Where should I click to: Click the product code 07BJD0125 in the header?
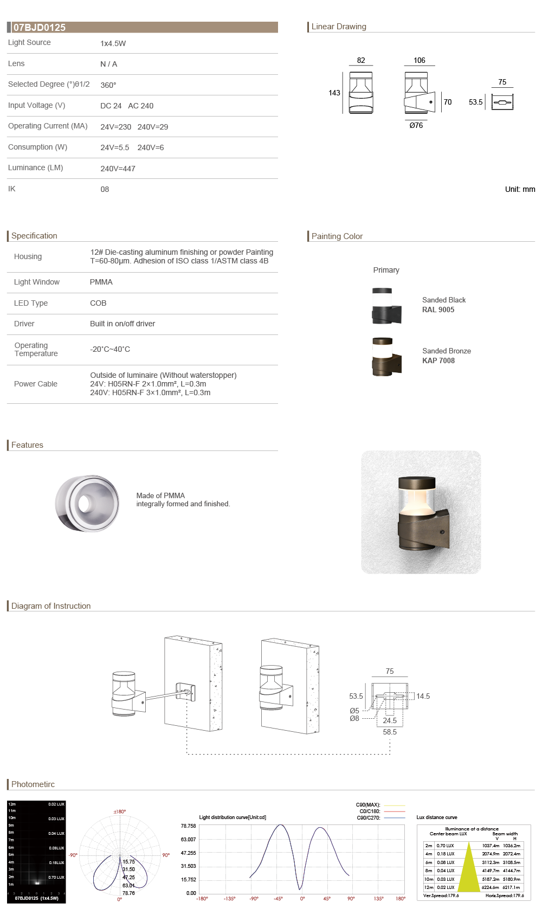pyautogui.click(x=40, y=28)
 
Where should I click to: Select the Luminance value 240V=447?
pyautogui.click(x=118, y=169)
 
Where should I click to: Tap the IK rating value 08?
pyautogui.click(x=105, y=189)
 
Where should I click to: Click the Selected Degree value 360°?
pyautogui.click(x=108, y=85)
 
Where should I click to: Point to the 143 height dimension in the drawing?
pyautogui.click(x=334, y=93)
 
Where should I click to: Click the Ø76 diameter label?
pyautogui.click(x=416, y=125)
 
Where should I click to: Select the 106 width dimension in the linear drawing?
pyautogui.click(x=420, y=60)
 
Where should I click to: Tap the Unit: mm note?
pyautogui.click(x=520, y=189)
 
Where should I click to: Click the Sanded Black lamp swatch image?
pyautogui.click(x=386, y=307)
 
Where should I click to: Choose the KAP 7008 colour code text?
pyautogui.click(x=438, y=360)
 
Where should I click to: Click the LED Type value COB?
pyautogui.click(x=98, y=303)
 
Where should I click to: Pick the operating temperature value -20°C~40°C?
pyautogui.click(x=110, y=349)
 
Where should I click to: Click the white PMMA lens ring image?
pyautogui.click(x=87, y=504)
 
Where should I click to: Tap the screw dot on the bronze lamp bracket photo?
pyautogui.click(x=443, y=532)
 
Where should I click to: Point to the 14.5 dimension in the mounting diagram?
pyautogui.click(x=423, y=696)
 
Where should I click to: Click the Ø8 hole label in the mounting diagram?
pyautogui.click(x=354, y=718)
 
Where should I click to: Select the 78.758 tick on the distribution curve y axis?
pyautogui.click(x=188, y=826)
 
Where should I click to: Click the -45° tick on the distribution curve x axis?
pyautogui.click(x=278, y=899)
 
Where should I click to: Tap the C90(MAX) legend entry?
pyautogui.click(x=369, y=805)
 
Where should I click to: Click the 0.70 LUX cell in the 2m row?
pyautogui.click(x=446, y=846)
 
